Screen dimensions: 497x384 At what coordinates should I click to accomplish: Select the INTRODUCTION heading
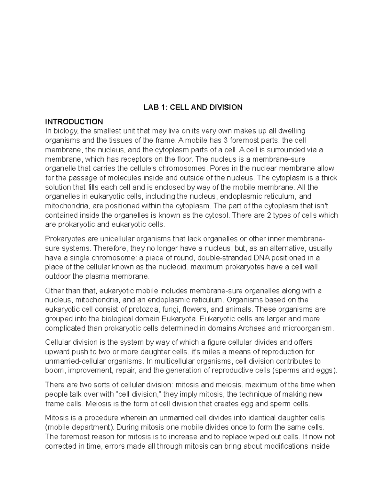[74, 122]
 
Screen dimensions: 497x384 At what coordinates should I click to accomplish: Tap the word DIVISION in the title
[226, 108]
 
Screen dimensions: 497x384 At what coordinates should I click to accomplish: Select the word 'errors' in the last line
[114, 446]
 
